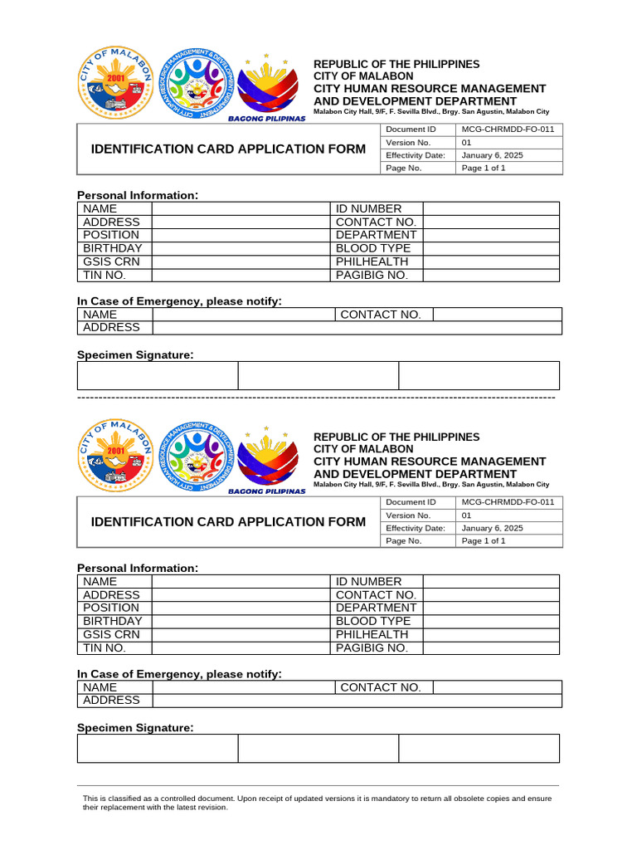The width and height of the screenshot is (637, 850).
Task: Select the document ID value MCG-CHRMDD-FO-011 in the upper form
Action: (507, 129)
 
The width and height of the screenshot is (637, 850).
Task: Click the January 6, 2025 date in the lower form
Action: (492, 528)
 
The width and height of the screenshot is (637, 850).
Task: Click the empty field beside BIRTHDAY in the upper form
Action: (240, 248)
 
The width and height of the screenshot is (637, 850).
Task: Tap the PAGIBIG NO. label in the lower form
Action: (372, 647)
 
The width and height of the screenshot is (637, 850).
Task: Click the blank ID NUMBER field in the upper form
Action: (491, 209)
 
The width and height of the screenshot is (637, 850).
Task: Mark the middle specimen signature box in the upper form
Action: (318, 375)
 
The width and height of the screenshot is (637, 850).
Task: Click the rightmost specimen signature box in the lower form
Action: (479, 748)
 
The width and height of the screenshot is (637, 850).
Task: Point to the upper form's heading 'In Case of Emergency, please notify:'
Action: (179, 300)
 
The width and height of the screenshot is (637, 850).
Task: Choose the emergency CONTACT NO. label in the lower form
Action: (381, 687)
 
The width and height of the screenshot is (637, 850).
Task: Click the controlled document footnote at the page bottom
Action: (317, 802)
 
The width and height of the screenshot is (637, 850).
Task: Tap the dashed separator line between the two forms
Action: (316, 398)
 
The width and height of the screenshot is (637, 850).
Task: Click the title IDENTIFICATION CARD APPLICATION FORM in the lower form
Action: (227, 521)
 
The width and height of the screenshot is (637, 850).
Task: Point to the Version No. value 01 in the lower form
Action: (466, 515)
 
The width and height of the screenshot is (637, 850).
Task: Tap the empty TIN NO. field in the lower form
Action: (240, 647)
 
